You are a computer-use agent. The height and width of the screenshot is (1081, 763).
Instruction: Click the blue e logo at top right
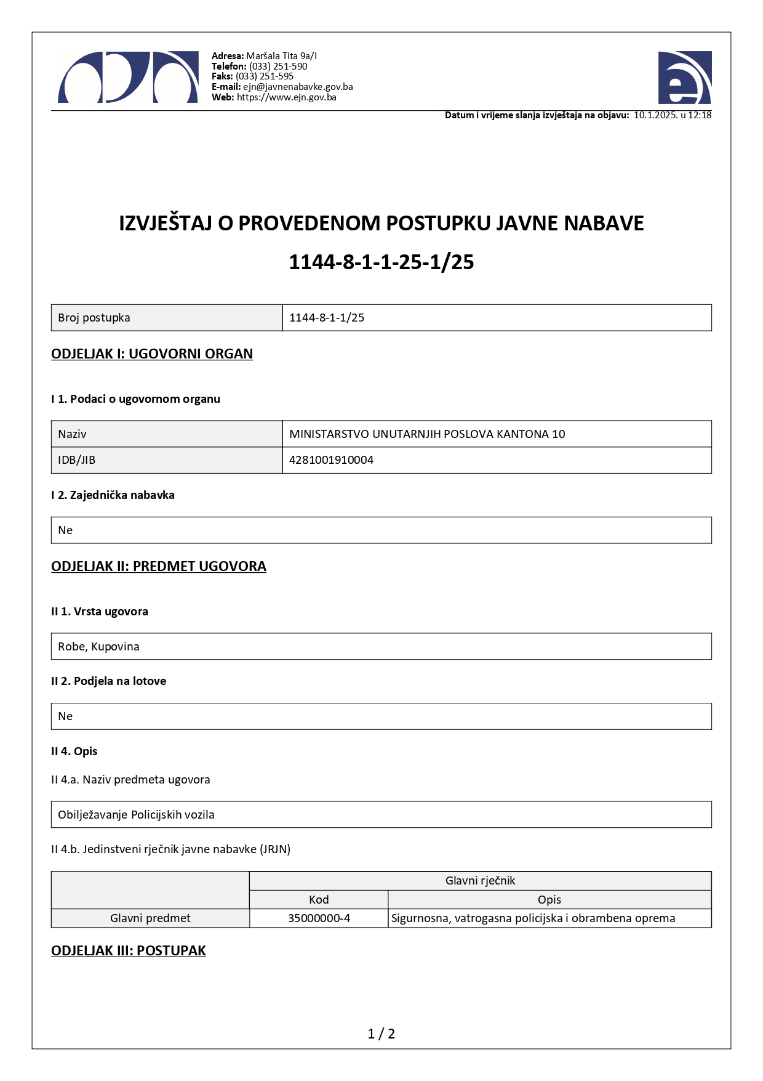684,78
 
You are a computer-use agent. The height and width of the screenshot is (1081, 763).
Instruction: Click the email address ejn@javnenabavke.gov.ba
298,87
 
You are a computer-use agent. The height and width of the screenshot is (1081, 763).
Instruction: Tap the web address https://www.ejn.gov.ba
286,97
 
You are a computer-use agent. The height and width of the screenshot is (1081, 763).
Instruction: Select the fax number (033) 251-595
265,76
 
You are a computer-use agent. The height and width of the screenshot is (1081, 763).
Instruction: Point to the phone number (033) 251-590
278,67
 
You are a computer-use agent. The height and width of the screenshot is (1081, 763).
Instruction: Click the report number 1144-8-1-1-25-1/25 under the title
381,262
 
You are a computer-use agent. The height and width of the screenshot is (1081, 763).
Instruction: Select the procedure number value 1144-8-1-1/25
327,318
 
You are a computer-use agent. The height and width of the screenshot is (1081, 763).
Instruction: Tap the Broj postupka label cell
94,318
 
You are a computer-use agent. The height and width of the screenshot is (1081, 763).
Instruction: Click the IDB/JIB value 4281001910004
331,460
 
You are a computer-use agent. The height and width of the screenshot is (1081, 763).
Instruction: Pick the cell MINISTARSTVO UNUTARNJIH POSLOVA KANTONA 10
427,434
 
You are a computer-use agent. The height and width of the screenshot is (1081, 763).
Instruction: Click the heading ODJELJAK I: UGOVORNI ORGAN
152,354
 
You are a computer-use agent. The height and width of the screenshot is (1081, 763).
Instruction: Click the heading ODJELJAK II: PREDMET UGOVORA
159,567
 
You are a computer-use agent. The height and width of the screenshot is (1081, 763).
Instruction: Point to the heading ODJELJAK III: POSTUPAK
129,951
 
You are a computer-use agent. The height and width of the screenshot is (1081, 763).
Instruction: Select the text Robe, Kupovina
98,647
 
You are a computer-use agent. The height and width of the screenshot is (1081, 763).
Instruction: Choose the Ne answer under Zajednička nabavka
65,530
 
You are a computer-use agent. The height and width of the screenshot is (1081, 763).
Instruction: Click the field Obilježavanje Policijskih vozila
136,815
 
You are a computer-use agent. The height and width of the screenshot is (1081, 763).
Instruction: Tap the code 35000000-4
319,918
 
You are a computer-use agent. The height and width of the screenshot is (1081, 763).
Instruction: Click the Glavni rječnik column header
480,881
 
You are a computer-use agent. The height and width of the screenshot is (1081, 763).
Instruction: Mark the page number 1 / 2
381,1034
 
